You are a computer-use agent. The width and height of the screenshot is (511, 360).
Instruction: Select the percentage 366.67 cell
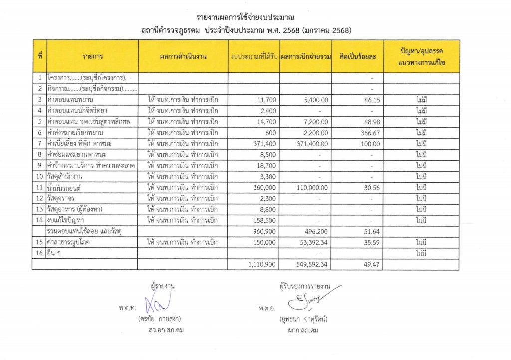(x=369, y=132)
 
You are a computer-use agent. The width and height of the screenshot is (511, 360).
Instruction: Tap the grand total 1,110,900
(x=261, y=265)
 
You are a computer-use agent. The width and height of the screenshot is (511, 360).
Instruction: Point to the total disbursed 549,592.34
(x=310, y=265)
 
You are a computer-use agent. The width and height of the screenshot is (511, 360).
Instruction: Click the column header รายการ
(x=92, y=57)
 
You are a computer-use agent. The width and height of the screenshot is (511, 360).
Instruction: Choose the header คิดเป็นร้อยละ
(x=357, y=57)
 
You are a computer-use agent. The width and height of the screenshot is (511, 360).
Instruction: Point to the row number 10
(x=39, y=176)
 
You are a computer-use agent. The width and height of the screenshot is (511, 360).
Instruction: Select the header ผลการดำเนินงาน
(x=183, y=57)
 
